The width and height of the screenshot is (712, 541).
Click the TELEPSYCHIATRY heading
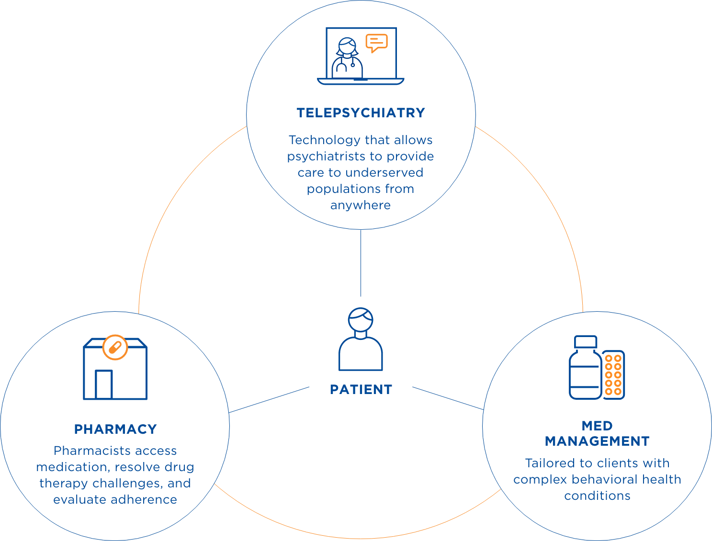[361, 113]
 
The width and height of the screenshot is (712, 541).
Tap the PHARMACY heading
[115, 429]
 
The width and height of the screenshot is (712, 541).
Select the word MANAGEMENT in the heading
[597, 441]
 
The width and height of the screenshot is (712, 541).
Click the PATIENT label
[361, 390]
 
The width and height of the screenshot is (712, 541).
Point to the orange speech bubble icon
[376, 43]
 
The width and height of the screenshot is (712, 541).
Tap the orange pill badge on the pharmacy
[115, 347]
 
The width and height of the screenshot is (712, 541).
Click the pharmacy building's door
[103, 384]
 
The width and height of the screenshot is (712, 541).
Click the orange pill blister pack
[613, 375]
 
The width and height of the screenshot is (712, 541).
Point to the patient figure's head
[361, 319]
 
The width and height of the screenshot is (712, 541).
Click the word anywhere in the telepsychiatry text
[361, 205]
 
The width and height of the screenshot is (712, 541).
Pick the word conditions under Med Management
[597, 496]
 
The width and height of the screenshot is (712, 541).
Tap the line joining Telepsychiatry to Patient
[361, 263]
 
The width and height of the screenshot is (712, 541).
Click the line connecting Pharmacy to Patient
[269, 400]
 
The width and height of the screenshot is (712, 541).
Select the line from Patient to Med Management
[448, 398]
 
